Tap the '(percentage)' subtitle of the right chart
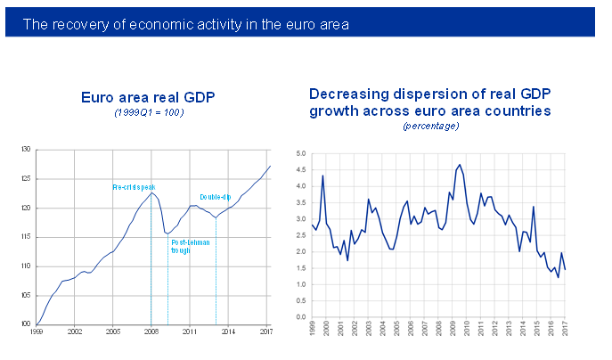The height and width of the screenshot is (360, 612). coord(430,127)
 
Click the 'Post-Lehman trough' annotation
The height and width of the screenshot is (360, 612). coord(185,246)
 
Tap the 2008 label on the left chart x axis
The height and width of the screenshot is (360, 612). coord(151,331)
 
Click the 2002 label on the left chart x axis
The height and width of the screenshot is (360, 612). coord(75,331)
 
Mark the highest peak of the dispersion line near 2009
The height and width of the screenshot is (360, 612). coord(459,164)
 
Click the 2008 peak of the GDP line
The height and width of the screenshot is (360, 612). coord(152,192)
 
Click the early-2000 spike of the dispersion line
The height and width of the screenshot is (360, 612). coord(322,176)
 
